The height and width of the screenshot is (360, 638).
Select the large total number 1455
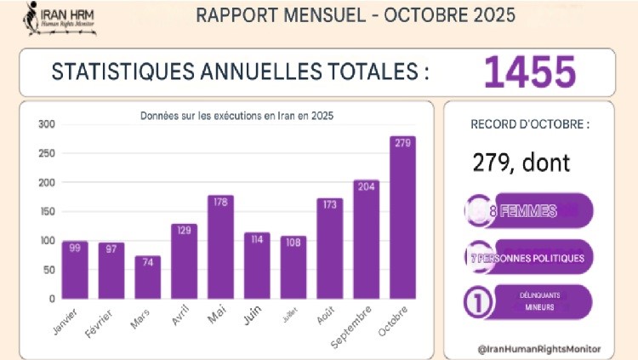(530, 73)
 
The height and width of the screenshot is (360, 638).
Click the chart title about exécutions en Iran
(229, 114)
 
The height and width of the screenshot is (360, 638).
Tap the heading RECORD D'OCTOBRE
(531, 124)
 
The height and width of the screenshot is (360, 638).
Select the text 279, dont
(521, 162)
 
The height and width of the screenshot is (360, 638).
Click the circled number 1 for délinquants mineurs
(478, 302)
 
